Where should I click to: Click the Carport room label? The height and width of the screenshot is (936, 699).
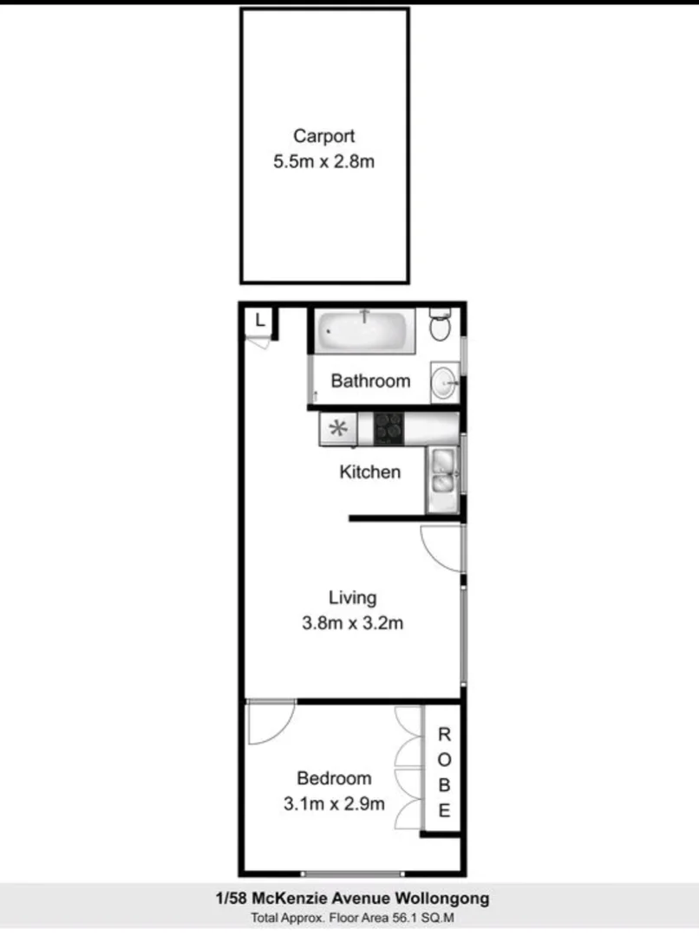pos(323,136)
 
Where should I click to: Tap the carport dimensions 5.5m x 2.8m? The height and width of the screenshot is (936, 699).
pos(323,161)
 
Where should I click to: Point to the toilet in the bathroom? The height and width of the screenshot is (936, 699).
pos(441,327)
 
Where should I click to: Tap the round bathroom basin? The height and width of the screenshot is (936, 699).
pos(444,381)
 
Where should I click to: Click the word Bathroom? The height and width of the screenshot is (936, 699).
pos(370,381)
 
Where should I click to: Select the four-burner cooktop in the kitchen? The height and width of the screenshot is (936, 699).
pos(389,427)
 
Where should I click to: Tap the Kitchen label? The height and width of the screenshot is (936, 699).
pos(369,472)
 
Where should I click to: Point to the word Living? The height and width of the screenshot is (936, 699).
pos(352,597)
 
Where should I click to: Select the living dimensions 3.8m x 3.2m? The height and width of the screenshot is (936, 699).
pos(352,622)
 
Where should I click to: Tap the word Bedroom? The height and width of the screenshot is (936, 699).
pos(334,778)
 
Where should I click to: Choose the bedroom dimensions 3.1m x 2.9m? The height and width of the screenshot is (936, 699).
pos(334,803)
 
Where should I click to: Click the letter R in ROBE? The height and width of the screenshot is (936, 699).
pos(444,736)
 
